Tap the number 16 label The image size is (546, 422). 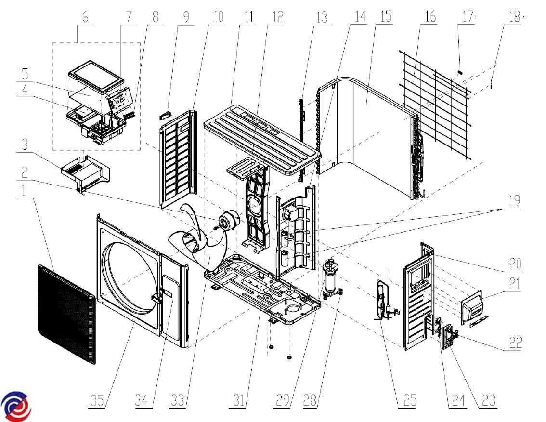(x=430, y=17)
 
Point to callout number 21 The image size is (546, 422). (x=515, y=284)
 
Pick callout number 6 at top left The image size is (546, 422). (x=85, y=17)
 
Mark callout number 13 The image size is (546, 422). (x=322, y=17)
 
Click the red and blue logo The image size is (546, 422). (x=16, y=406)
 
